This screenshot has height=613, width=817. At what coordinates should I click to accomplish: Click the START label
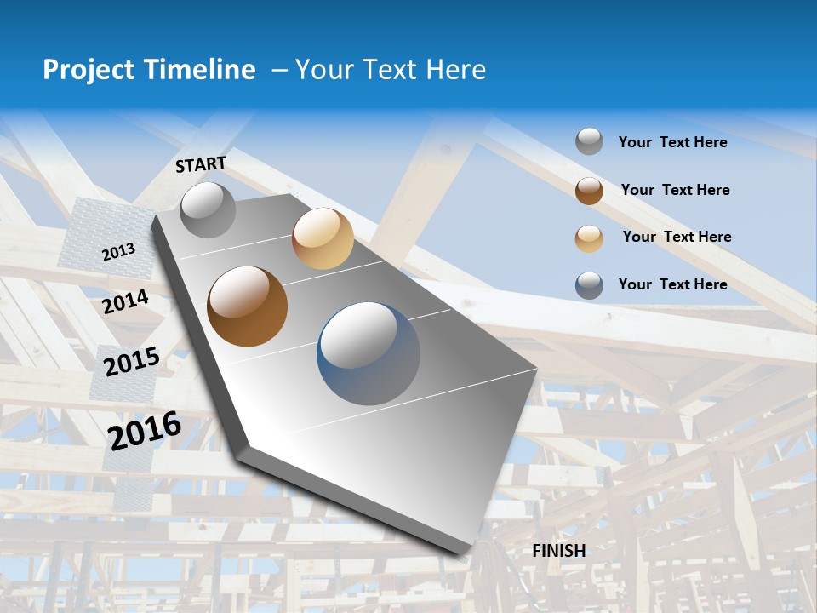(x=201, y=164)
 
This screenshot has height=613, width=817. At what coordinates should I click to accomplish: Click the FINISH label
(x=559, y=551)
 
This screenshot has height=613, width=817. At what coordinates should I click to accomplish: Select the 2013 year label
(x=118, y=252)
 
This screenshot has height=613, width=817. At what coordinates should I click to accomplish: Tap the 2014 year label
(x=126, y=301)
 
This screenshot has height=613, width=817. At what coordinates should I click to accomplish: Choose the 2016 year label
(x=145, y=430)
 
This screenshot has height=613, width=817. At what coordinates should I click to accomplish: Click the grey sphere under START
(x=208, y=209)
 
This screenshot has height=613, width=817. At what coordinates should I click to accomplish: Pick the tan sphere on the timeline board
(x=323, y=238)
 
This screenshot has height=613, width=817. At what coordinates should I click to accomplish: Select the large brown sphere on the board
(x=248, y=306)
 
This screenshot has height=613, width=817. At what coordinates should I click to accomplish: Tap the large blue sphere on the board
(x=369, y=353)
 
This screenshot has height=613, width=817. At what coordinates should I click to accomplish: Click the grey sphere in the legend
(x=589, y=142)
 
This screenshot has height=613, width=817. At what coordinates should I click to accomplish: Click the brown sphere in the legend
(x=589, y=191)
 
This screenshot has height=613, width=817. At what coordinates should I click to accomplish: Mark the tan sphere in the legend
(x=589, y=238)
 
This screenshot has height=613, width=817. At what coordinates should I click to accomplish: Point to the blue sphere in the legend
(x=589, y=285)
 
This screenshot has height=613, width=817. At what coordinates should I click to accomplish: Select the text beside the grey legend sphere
(x=672, y=142)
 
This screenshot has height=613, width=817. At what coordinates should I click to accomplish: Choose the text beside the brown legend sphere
(x=675, y=190)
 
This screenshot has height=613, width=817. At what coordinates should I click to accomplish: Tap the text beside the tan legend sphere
(x=677, y=237)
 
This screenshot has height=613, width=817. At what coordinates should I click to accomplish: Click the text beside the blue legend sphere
(x=672, y=284)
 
